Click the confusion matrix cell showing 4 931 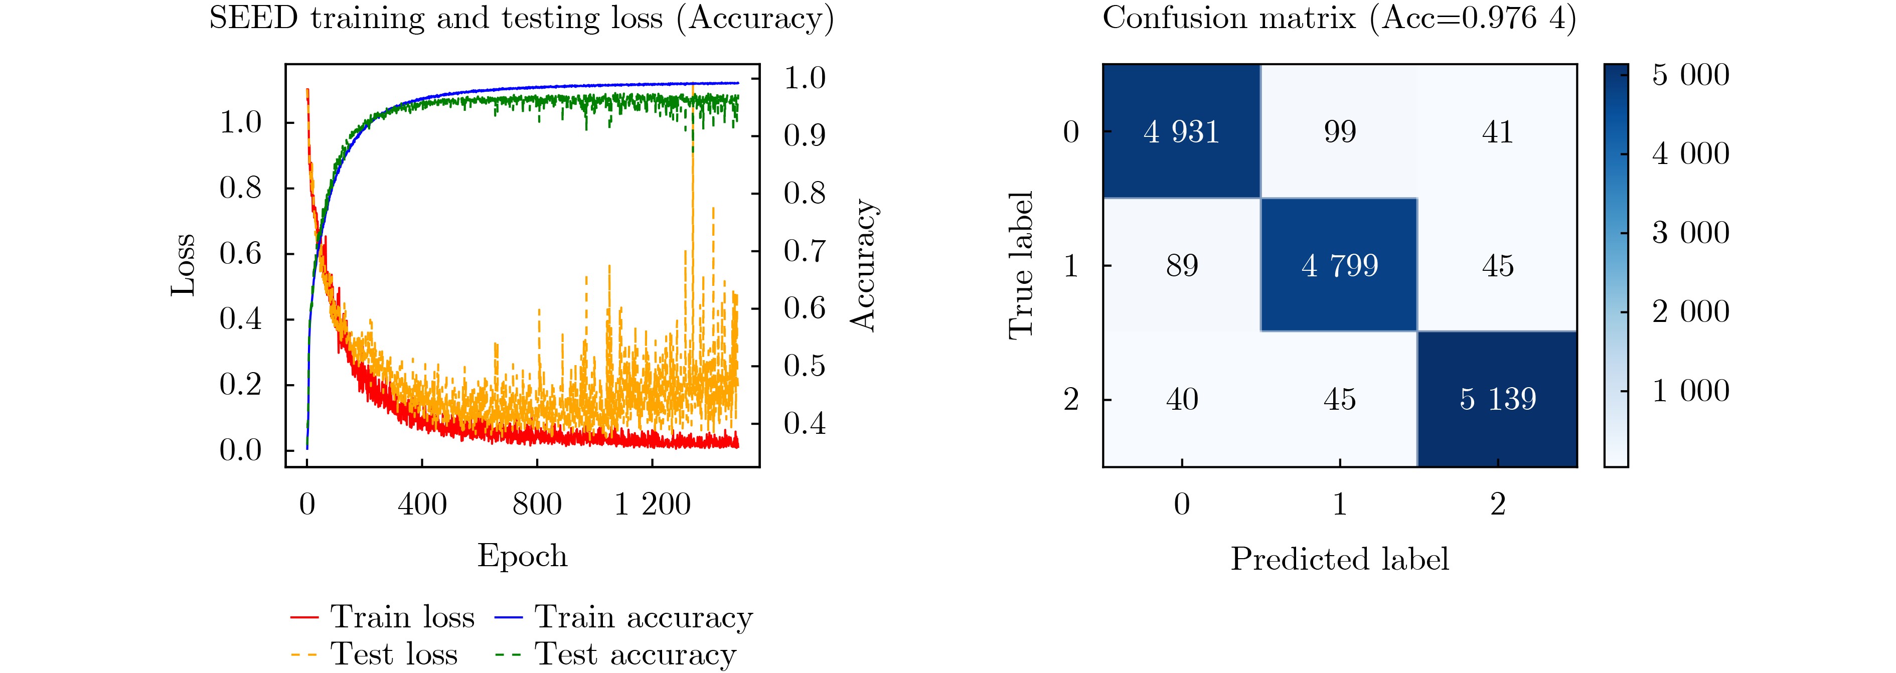[x=1181, y=132]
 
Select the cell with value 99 [x=1340, y=132]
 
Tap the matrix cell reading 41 [x=1498, y=132]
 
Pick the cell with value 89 [x=1181, y=265]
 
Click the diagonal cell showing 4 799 [x=1340, y=265]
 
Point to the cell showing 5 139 [x=1498, y=399]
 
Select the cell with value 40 [x=1181, y=399]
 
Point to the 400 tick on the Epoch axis [x=422, y=504]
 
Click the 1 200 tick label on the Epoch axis [x=652, y=504]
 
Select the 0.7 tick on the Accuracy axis [x=805, y=251]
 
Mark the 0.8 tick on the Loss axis [x=241, y=188]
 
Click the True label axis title [x=1021, y=265]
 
